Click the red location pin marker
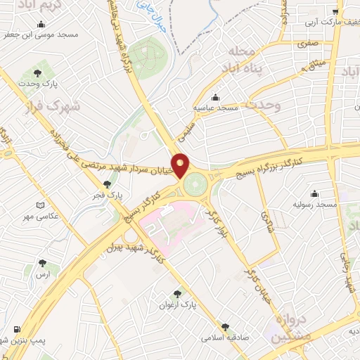[181, 164]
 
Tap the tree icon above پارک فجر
[107, 184]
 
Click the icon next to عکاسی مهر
[40, 205]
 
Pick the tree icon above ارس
[43, 262]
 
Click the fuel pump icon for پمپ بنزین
[15, 329]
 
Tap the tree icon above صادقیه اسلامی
[224, 327]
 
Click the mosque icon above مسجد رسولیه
[314, 193]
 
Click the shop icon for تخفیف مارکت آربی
[336, 11]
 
